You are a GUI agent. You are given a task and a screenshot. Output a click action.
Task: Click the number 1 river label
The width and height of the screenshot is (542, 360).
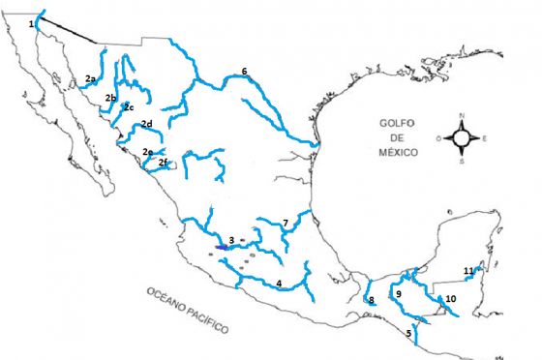click(32, 22)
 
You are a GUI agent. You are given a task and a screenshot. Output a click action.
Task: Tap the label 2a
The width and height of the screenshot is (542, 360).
click(90, 77)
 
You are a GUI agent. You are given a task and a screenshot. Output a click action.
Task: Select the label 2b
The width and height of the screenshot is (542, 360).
click(110, 98)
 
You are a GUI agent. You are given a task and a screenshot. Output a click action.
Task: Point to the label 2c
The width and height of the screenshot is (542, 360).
click(128, 106)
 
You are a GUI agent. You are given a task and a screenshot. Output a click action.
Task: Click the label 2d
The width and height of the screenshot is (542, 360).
click(147, 124)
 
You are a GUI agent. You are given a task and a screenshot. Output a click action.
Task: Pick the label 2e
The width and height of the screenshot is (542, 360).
click(146, 151)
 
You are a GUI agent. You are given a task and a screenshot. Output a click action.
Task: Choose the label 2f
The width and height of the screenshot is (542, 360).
click(164, 162)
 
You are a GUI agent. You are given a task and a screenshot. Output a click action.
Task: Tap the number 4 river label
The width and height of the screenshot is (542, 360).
click(279, 283)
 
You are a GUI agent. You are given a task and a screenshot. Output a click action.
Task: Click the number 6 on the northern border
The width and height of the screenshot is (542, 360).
click(244, 72)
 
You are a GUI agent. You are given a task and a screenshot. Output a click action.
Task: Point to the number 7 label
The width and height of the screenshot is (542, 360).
click(286, 224)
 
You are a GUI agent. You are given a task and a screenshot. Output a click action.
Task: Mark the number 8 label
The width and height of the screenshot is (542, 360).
click(371, 301)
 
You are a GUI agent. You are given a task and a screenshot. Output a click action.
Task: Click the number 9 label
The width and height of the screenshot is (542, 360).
click(398, 292)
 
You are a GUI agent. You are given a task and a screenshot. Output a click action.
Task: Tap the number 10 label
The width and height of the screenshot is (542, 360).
click(451, 300)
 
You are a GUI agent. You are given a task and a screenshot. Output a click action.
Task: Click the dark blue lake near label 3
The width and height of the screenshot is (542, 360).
click(222, 248)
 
